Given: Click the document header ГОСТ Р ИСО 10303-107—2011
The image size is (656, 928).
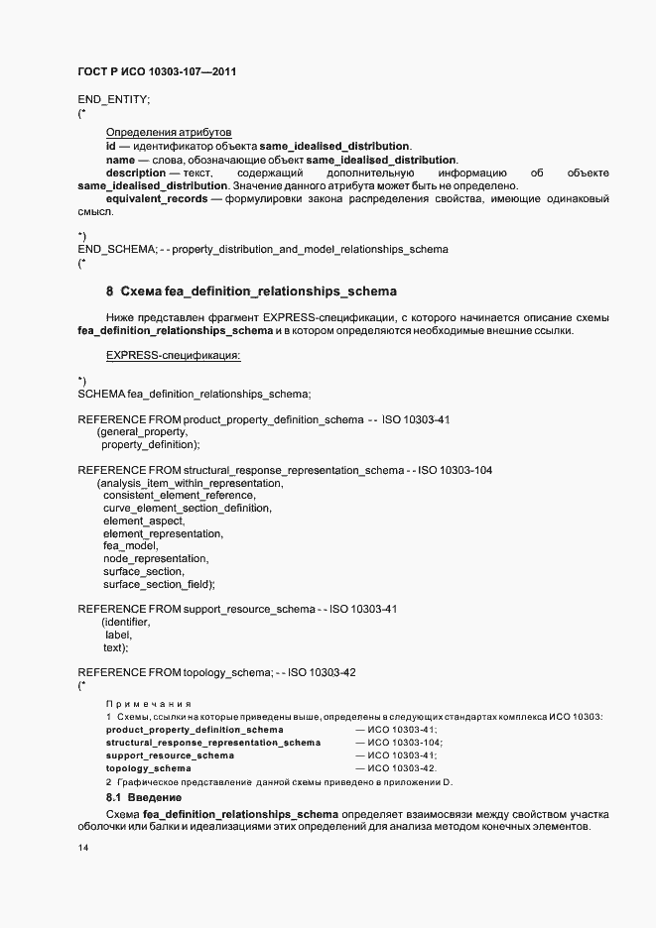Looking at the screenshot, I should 157,72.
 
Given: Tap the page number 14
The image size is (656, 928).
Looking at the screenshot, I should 83,848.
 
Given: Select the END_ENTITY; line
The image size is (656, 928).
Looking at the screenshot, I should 113,100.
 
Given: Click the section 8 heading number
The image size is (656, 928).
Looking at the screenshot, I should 109,291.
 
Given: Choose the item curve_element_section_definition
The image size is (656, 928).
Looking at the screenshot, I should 187,508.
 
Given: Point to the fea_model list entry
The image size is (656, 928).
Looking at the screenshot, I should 130,546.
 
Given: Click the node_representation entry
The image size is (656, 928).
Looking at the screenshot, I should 156,559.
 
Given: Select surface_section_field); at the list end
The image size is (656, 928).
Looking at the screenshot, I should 159,585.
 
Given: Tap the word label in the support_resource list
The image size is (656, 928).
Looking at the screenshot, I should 117,635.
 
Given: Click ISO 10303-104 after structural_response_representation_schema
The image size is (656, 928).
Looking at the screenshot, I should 456,470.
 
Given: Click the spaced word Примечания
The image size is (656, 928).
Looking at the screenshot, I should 148,703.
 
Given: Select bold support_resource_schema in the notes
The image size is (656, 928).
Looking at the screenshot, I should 170,755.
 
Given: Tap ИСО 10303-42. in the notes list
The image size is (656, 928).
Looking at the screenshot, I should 402,768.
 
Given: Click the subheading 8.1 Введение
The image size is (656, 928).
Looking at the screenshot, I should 144,797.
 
